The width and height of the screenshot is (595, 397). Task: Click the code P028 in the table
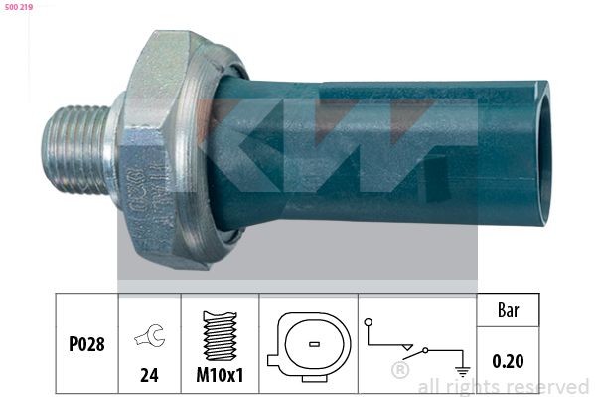[x=86, y=344]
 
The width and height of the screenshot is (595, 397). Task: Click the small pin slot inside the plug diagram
[x=314, y=344]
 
